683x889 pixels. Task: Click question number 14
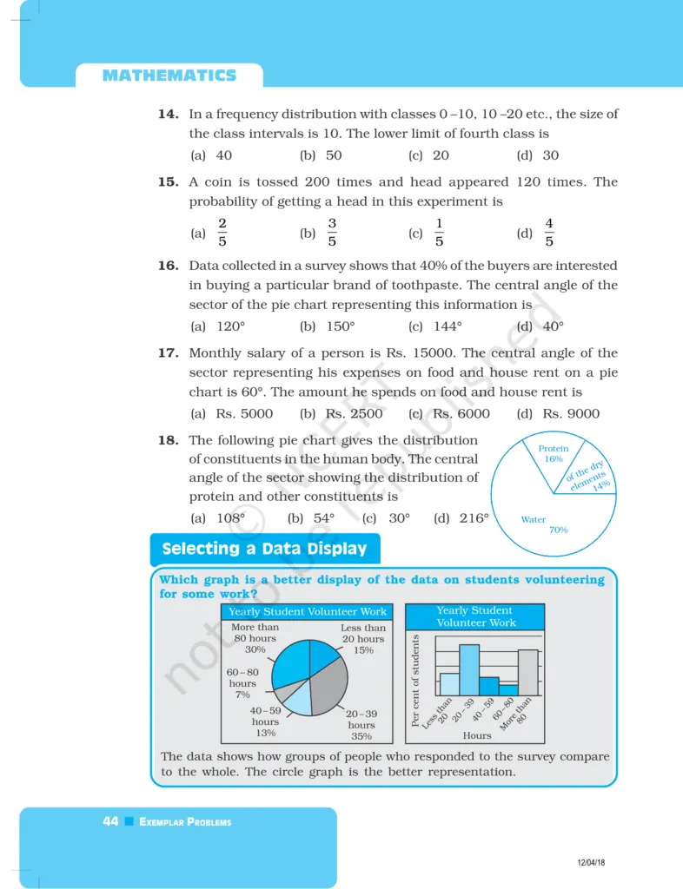[168, 115]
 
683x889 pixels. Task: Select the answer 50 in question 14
[333, 155]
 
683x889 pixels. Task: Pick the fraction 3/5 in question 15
[332, 233]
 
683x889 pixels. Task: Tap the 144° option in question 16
[448, 326]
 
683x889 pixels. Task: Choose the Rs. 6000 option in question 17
[461, 414]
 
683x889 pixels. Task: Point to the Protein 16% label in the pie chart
[554, 454]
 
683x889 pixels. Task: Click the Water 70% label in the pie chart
[547, 524]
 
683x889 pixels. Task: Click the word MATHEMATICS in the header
[169, 76]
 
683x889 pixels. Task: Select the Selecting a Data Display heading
[264, 549]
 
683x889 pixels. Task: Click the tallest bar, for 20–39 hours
[469, 669]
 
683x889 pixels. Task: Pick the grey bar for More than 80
[528, 672]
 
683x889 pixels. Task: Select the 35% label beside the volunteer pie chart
[361, 736]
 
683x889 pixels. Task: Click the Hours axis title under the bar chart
[477, 735]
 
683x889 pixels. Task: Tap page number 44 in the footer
[110, 821]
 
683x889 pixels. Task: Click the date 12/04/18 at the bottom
[591, 861]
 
